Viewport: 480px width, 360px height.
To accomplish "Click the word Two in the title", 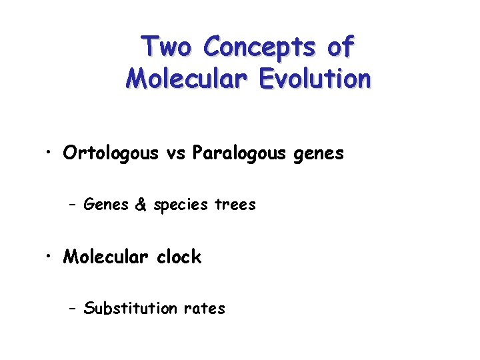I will pyautogui.click(x=167, y=47).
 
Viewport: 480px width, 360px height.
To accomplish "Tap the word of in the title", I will pyautogui.click(x=340, y=47).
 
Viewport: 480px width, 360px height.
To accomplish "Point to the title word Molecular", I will pyautogui.click(x=183, y=79).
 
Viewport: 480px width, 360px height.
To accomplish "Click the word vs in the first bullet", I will pyautogui.click(x=175, y=153).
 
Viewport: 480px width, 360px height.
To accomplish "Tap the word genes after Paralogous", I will pyautogui.click(x=321, y=155).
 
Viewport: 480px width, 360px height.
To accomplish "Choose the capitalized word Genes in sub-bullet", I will pyautogui.click(x=107, y=205).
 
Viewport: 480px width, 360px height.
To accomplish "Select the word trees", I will pyautogui.click(x=235, y=205).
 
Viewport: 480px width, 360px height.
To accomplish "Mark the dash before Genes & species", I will pyautogui.click(x=73, y=205).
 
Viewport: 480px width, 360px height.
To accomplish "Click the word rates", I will pyautogui.click(x=204, y=309).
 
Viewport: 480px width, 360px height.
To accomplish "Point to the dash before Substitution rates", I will pyautogui.click(x=73, y=309).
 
